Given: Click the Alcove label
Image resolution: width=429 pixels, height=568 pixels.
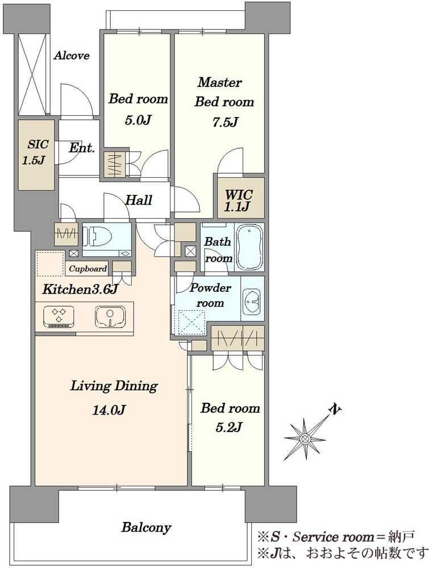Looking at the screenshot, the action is coord(72,56).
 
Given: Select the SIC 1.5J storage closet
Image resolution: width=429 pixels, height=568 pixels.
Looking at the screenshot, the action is coord(36,155).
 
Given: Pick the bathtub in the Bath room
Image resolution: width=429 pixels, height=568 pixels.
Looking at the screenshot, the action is coord(249,247).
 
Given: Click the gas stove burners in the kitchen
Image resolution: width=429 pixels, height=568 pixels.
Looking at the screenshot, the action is coord(59,316).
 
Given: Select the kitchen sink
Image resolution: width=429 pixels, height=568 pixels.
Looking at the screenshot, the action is coord(110,316).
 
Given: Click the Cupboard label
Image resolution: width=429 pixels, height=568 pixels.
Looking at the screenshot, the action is coord(88,269).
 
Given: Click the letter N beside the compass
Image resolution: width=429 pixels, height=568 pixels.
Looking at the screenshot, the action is coord(335,409).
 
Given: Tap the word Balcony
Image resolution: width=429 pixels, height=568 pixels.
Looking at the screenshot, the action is coord(146,528).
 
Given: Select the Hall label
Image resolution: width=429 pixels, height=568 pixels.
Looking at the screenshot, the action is coord(139,200).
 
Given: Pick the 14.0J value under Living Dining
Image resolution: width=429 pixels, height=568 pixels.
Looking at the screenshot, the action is coord(109,411).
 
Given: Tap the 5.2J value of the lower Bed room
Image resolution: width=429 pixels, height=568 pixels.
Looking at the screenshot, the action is coord(228,428).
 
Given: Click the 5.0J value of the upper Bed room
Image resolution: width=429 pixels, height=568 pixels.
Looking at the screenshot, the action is coord(138,120).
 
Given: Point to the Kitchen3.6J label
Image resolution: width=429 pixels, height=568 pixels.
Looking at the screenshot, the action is coord(80,290).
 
